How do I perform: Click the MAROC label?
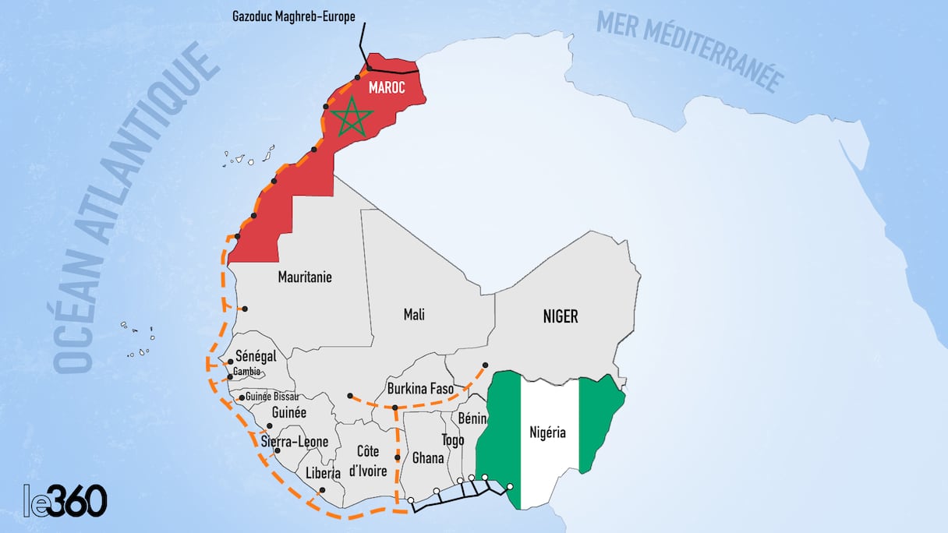click(387, 88)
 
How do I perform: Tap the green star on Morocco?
click(352, 118)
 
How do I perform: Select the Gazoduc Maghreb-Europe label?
click(294, 16)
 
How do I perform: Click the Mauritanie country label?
click(304, 277)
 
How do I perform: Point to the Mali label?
click(414, 315)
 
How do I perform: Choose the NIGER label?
click(560, 316)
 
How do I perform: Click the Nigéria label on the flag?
click(547, 433)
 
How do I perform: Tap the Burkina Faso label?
click(420, 388)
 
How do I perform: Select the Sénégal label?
click(256, 356)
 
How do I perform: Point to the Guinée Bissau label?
click(272, 397)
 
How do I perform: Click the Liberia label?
click(323, 473)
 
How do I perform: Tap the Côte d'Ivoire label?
click(367, 461)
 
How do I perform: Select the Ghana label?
click(427, 457)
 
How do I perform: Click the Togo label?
click(452, 439)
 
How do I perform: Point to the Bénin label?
click(472, 419)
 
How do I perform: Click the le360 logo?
click(65, 500)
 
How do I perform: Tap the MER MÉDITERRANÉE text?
click(690, 51)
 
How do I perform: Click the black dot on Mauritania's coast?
click(245, 309)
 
